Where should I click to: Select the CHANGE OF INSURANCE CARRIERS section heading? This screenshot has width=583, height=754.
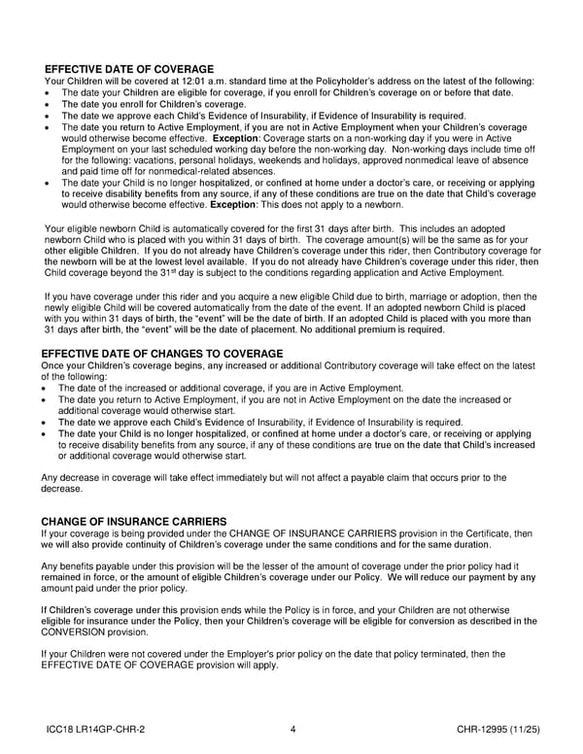(134, 522)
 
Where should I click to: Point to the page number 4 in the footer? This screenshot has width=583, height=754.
(292, 730)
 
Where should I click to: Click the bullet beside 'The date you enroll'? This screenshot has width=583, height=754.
(48, 104)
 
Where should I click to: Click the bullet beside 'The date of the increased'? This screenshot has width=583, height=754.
(48, 389)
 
